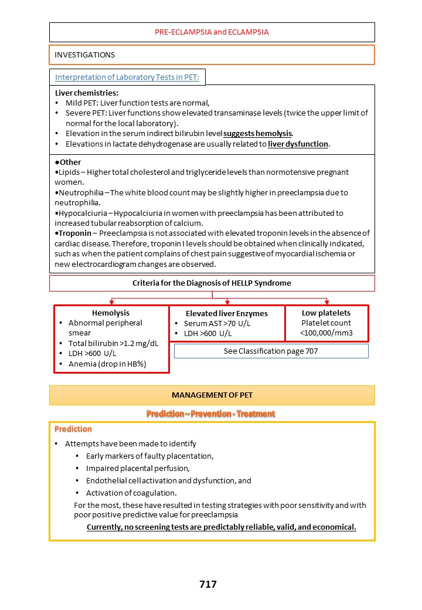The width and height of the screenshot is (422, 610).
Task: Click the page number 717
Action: pyautogui.click(x=208, y=584)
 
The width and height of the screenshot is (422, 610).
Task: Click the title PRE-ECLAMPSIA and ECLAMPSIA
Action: pyautogui.click(x=212, y=32)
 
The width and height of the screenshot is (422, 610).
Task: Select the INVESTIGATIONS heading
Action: pyautogui.click(x=85, y=55)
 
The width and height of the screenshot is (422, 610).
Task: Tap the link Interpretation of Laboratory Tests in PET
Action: pyautogui.click(x=127, y=77)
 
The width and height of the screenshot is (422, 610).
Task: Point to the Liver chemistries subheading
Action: pyautogui.click(x=87, y=93)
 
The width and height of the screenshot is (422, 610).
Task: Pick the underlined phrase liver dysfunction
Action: pyautogui.click(x=298, y=144)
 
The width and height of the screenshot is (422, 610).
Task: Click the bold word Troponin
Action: pyautogui.click(x=76, y=233)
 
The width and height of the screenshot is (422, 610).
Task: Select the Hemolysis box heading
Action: pyautogui.click(x=111, y=313)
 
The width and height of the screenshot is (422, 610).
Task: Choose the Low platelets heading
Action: pyautogui.click(x=326, y=313)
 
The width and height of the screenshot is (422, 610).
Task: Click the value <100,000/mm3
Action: pyautogui.click(x=326, y=333)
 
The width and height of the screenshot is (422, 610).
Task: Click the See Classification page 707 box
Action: pyautogui.click(x=271, y=351)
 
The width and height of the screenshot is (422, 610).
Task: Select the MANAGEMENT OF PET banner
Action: pyautogui.click(x=212, y=395)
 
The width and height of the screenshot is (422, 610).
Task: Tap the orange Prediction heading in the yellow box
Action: pyautogui.click(x=73, y=429)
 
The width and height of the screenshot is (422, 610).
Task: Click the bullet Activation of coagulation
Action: pyautogui.click(x=131, y=493)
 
